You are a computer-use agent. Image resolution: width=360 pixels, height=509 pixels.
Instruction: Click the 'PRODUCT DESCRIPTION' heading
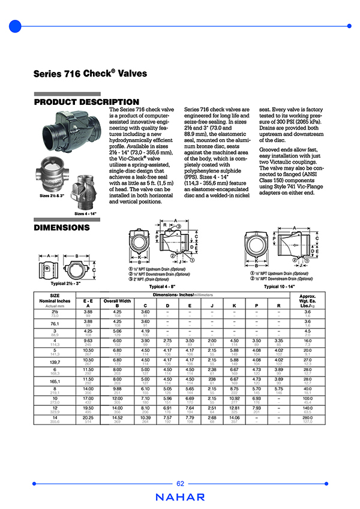(86, 102)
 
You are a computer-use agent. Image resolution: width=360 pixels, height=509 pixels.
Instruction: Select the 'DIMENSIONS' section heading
(62, 228)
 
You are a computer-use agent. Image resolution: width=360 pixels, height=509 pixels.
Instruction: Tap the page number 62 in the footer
(180, 484)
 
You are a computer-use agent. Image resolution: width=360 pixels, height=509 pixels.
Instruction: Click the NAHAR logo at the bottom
(180, 497)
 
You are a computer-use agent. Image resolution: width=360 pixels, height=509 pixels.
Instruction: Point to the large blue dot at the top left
(16, 26)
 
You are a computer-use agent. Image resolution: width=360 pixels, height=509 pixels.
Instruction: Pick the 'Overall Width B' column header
(117, 302)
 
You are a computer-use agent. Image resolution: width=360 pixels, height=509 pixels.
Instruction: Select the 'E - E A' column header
(88, 302)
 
